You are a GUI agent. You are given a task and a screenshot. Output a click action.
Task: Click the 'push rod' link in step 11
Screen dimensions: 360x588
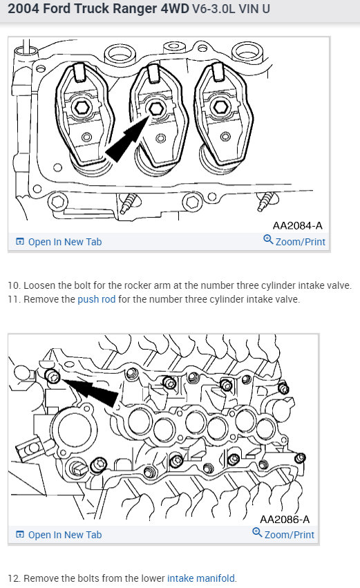(x=96, y=299)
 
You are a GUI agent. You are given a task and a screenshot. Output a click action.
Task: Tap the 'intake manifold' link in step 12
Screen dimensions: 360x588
(x=201, y=578)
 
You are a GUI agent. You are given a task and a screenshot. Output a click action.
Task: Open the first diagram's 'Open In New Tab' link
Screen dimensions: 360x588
(x=59, y=242)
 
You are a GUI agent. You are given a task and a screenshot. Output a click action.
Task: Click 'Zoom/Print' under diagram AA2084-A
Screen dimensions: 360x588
(x=294, y=241)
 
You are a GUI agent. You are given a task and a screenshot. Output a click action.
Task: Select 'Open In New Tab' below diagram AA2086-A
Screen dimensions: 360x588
(x=59, y=535)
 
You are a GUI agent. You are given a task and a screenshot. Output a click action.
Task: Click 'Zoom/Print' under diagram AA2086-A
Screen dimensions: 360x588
(x=283, y=534)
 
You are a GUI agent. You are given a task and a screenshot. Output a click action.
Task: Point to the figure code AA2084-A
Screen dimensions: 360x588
(x=297, y=225)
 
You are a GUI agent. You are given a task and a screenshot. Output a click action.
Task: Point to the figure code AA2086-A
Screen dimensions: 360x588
(x=285, y=519)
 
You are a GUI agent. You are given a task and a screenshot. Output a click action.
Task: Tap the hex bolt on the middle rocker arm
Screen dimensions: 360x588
(x=155, y=109)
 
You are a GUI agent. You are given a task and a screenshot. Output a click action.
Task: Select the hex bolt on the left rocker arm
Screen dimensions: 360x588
(x=82, y=108)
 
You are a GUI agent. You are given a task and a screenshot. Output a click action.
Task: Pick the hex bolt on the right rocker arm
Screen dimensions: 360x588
(x=220, y=108)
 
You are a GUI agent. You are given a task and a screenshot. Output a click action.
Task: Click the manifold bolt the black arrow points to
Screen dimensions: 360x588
(x=53, y=376)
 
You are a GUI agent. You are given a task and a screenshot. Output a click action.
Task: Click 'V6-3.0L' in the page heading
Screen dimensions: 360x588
(x=214, y=8)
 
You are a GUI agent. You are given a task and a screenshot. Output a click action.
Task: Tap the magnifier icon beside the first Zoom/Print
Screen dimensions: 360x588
(x=268, y=239)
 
